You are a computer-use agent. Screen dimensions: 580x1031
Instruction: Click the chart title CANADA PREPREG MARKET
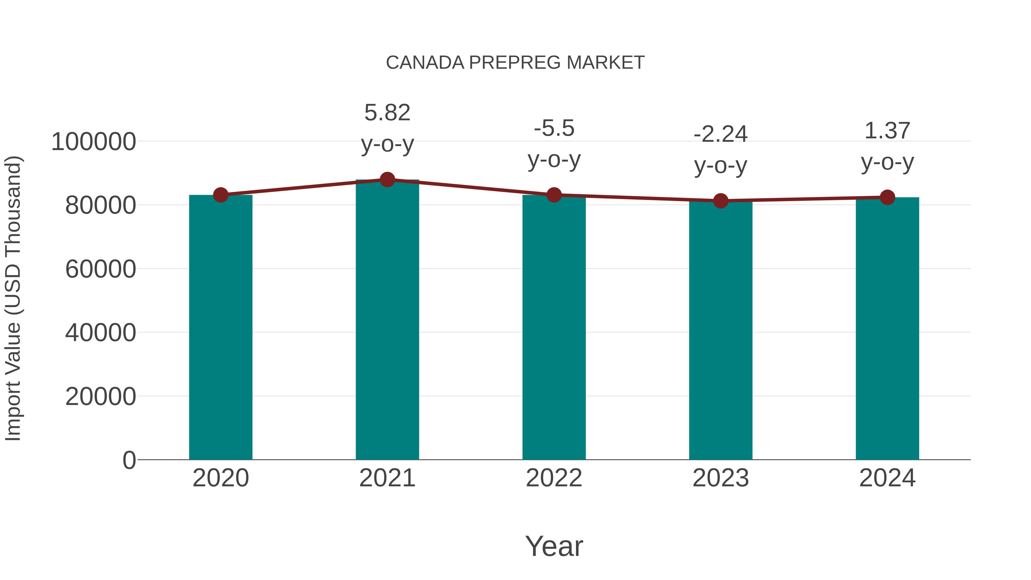coord(515,63)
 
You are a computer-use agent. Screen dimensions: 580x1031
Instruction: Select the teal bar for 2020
coord(221,328)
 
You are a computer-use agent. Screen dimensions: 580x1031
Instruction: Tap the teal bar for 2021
coord(387,320)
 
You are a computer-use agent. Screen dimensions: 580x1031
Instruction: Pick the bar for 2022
coord(554,328)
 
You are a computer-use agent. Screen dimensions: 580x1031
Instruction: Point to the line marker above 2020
coord(221,195)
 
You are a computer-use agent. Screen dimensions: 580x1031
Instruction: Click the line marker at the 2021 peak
coord(387,180)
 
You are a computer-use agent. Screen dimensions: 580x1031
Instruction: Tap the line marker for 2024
coord(887,197)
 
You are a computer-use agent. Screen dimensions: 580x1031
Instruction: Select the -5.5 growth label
coord(554,144)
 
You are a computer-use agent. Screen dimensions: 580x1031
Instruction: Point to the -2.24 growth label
coord(721,150)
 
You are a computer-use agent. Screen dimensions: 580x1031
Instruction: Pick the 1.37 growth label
coord(887,146)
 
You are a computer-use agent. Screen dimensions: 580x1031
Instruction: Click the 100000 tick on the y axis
coord(94,142)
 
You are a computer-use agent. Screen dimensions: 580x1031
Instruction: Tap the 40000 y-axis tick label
coord(101,333)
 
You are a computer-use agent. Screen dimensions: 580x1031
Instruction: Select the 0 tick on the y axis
coord(129,460)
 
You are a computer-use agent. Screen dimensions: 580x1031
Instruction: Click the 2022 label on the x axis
coord(554,478)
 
